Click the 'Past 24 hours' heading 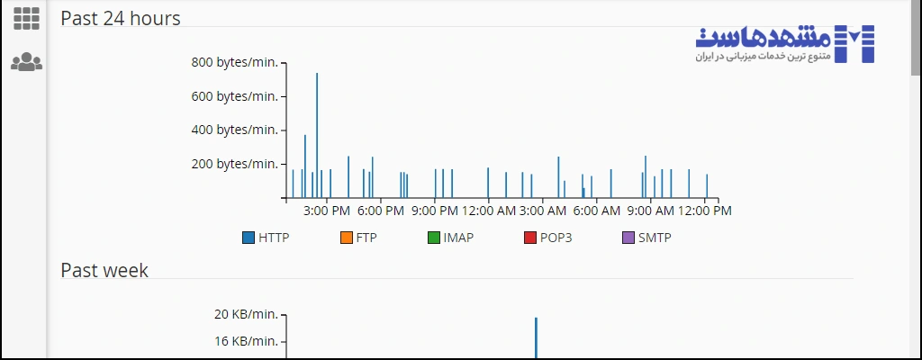[121, 18]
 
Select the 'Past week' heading [104, 270]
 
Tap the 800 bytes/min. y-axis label [234, 62]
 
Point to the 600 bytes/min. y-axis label [234, 96]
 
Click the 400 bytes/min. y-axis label [234, 130]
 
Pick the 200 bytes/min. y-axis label [234, 164]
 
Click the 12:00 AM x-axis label [489, 211]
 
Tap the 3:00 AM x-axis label [543, 211]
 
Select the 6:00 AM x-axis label [597, 211]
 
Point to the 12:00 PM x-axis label [705, 211]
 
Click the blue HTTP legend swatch [249, 238]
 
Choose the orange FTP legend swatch [347, 238]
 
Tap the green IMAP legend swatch [434, 238]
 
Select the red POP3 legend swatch [530, 238]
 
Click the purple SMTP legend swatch [628, 238]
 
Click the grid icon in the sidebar [26, 18]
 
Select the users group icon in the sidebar [26, 62]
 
